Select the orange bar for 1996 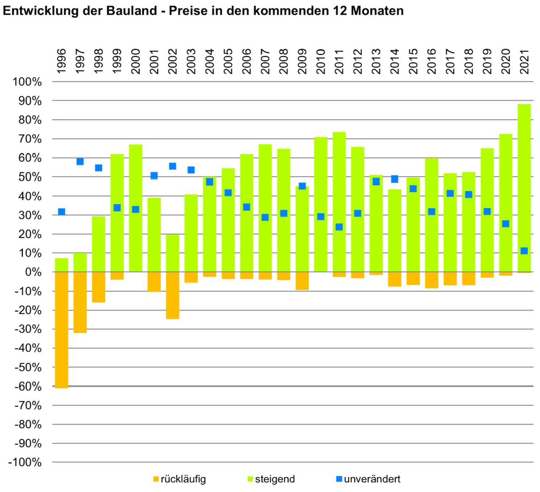(x=62, y=329)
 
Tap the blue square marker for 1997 (x=80, y=162)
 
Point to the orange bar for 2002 (x=173, y=295)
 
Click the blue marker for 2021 (x=524, y=251)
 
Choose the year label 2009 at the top (x=302, y=62)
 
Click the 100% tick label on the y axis (x=27, y=82)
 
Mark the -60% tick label (x=28, y=387)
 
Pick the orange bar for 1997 (x=80, y=302)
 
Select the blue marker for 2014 (x=394, y=179)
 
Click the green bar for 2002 (x=173, y=253)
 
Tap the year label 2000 (x=136, y=62)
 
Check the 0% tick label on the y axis (x=33, y=272)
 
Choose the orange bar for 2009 (x=302, y=281)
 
